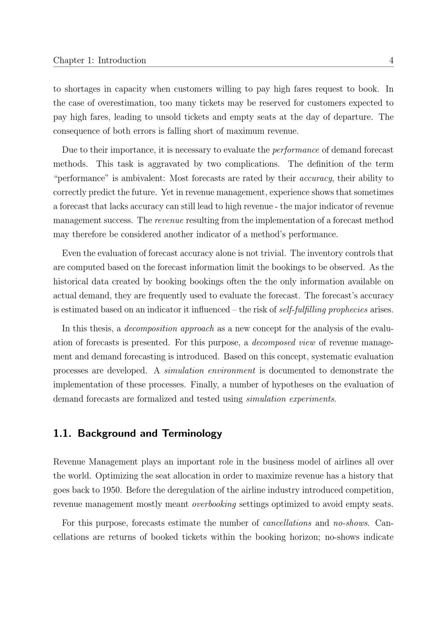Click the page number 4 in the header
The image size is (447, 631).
pyautogui.click(x=391, y=60)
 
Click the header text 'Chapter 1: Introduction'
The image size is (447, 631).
pyautogui.click(x=99, y=60)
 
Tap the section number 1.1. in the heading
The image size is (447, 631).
pyautogui.click(x=63, y=433)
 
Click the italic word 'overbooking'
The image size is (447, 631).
pyautogui.click(x=214, y=504)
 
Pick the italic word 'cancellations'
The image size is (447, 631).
pyautogui.click(x=287, y=523)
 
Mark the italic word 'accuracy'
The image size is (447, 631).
pyautogui.click(x=316, y=179)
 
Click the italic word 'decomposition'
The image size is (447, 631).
pyautogui.click(x=151, y=329)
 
